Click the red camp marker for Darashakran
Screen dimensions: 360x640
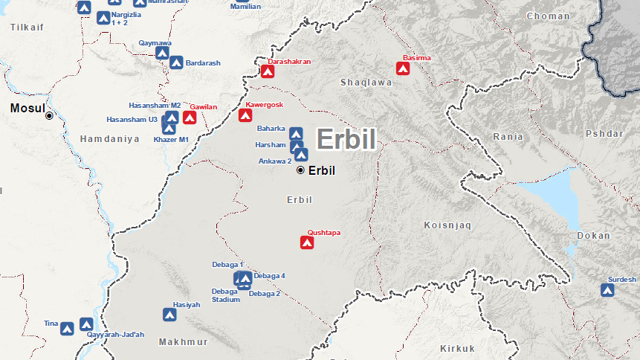268,71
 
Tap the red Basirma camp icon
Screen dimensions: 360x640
403,68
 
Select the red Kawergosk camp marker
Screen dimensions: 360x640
245,115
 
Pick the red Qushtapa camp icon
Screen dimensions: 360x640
306,242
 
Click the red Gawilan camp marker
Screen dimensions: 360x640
190,117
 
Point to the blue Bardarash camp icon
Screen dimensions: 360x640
176,63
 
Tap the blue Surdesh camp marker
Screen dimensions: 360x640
608,289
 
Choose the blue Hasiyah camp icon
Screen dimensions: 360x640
169,315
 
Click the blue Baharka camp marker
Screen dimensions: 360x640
296,134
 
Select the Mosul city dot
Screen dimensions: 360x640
49,115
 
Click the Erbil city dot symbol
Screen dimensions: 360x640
300,170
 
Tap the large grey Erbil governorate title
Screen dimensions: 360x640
346,139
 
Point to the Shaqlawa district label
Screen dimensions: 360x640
366,83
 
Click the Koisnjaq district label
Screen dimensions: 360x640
448,225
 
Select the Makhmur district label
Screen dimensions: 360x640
184,342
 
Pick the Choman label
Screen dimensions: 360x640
548,16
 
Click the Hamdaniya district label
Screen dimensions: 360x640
109,139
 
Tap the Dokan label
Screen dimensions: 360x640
592,236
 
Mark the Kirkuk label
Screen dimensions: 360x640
457,348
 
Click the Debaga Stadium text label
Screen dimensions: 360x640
225,295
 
